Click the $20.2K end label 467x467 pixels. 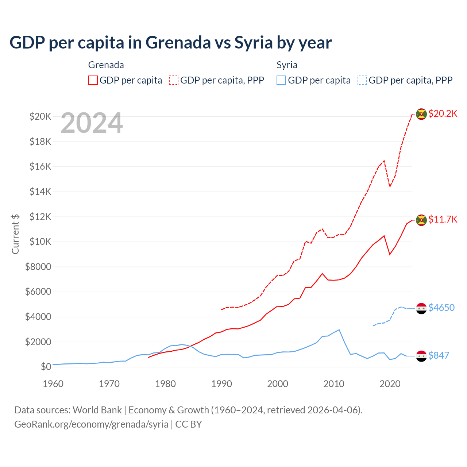443,113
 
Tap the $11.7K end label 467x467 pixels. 443,219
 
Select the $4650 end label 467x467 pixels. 441,308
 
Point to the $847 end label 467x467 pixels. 439,355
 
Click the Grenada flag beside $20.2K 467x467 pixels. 421,114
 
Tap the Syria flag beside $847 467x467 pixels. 421,356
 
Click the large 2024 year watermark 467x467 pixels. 92,123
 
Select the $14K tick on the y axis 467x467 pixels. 40,192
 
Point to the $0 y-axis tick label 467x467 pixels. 46,367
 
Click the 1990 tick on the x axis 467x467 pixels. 221,384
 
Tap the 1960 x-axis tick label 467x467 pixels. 53,384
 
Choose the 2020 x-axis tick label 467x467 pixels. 390,384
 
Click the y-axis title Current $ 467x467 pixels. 15,234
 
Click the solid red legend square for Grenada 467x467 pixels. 93,80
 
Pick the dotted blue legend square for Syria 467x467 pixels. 362,80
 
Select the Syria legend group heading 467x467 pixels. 287,65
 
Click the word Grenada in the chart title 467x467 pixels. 178,43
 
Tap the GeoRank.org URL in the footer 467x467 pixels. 91,424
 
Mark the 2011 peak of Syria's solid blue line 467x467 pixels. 339,330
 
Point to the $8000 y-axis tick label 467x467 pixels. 38,267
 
